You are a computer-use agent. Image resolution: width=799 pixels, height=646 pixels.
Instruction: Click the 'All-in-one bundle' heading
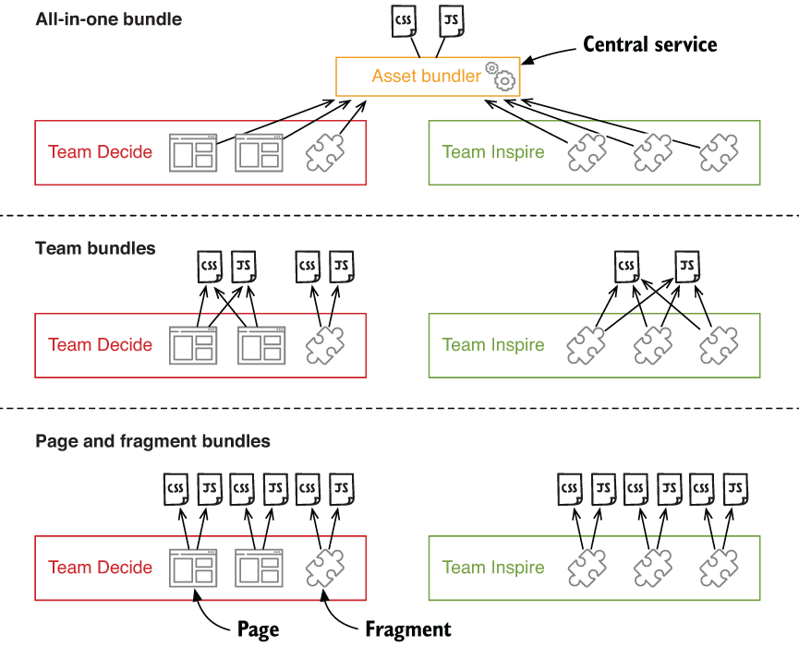pos(109,18)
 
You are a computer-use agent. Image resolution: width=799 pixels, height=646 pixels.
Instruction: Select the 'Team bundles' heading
pos(95,248)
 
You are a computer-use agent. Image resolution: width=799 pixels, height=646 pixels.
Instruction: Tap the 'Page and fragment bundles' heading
pos(152,441)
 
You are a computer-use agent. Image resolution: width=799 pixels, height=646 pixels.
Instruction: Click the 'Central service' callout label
pos(650,44)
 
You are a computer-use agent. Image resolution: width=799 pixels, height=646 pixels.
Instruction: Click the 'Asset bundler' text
pos(426,77)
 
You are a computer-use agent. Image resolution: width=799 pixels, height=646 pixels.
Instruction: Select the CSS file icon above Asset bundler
pos(404,20)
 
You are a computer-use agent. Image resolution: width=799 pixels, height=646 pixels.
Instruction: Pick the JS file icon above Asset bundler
pos(451,20)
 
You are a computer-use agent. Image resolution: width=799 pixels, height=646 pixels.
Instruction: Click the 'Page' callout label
pos(257,629)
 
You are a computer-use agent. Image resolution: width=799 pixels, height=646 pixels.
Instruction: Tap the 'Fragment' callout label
pos(407,629)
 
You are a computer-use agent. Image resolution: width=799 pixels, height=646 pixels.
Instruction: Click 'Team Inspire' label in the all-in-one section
pos(493,152)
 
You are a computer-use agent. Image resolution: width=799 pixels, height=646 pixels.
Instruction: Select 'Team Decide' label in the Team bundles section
pos(100,345)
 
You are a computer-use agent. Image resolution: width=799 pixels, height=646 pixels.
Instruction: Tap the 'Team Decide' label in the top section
pos(100,152)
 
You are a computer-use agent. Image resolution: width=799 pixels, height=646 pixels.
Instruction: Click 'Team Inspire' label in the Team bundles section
pos(493,345)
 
